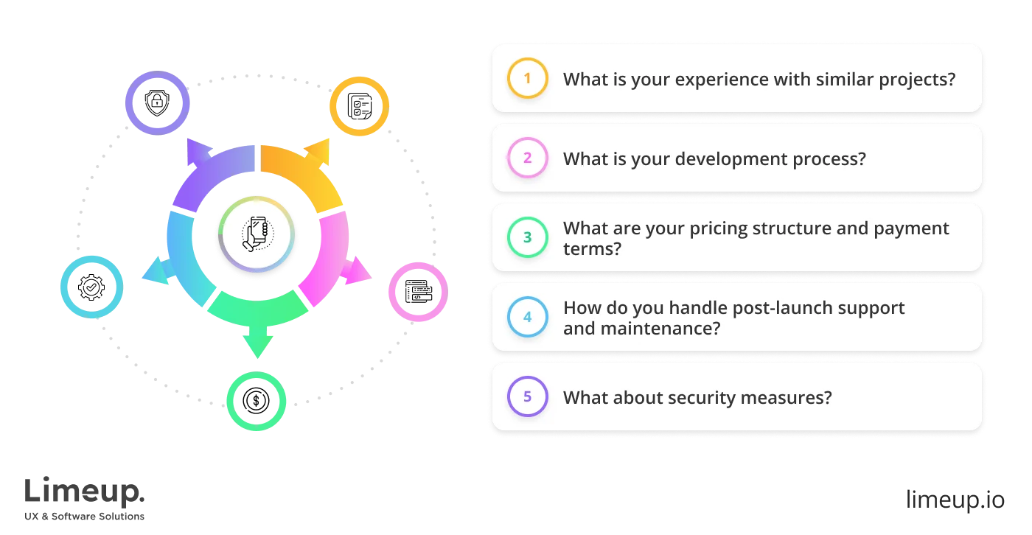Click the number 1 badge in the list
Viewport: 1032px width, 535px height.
pos(527,78)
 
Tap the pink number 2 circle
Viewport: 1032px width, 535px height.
pos(527,158)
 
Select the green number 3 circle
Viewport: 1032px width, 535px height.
pos(527,237)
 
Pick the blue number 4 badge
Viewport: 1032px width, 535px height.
pos(527,318)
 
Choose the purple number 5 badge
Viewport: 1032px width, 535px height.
pos(527,397)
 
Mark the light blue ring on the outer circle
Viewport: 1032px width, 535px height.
pos(91,286)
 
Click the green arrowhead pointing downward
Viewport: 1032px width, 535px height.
pos(257,343)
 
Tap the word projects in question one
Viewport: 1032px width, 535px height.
pos(913,79)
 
